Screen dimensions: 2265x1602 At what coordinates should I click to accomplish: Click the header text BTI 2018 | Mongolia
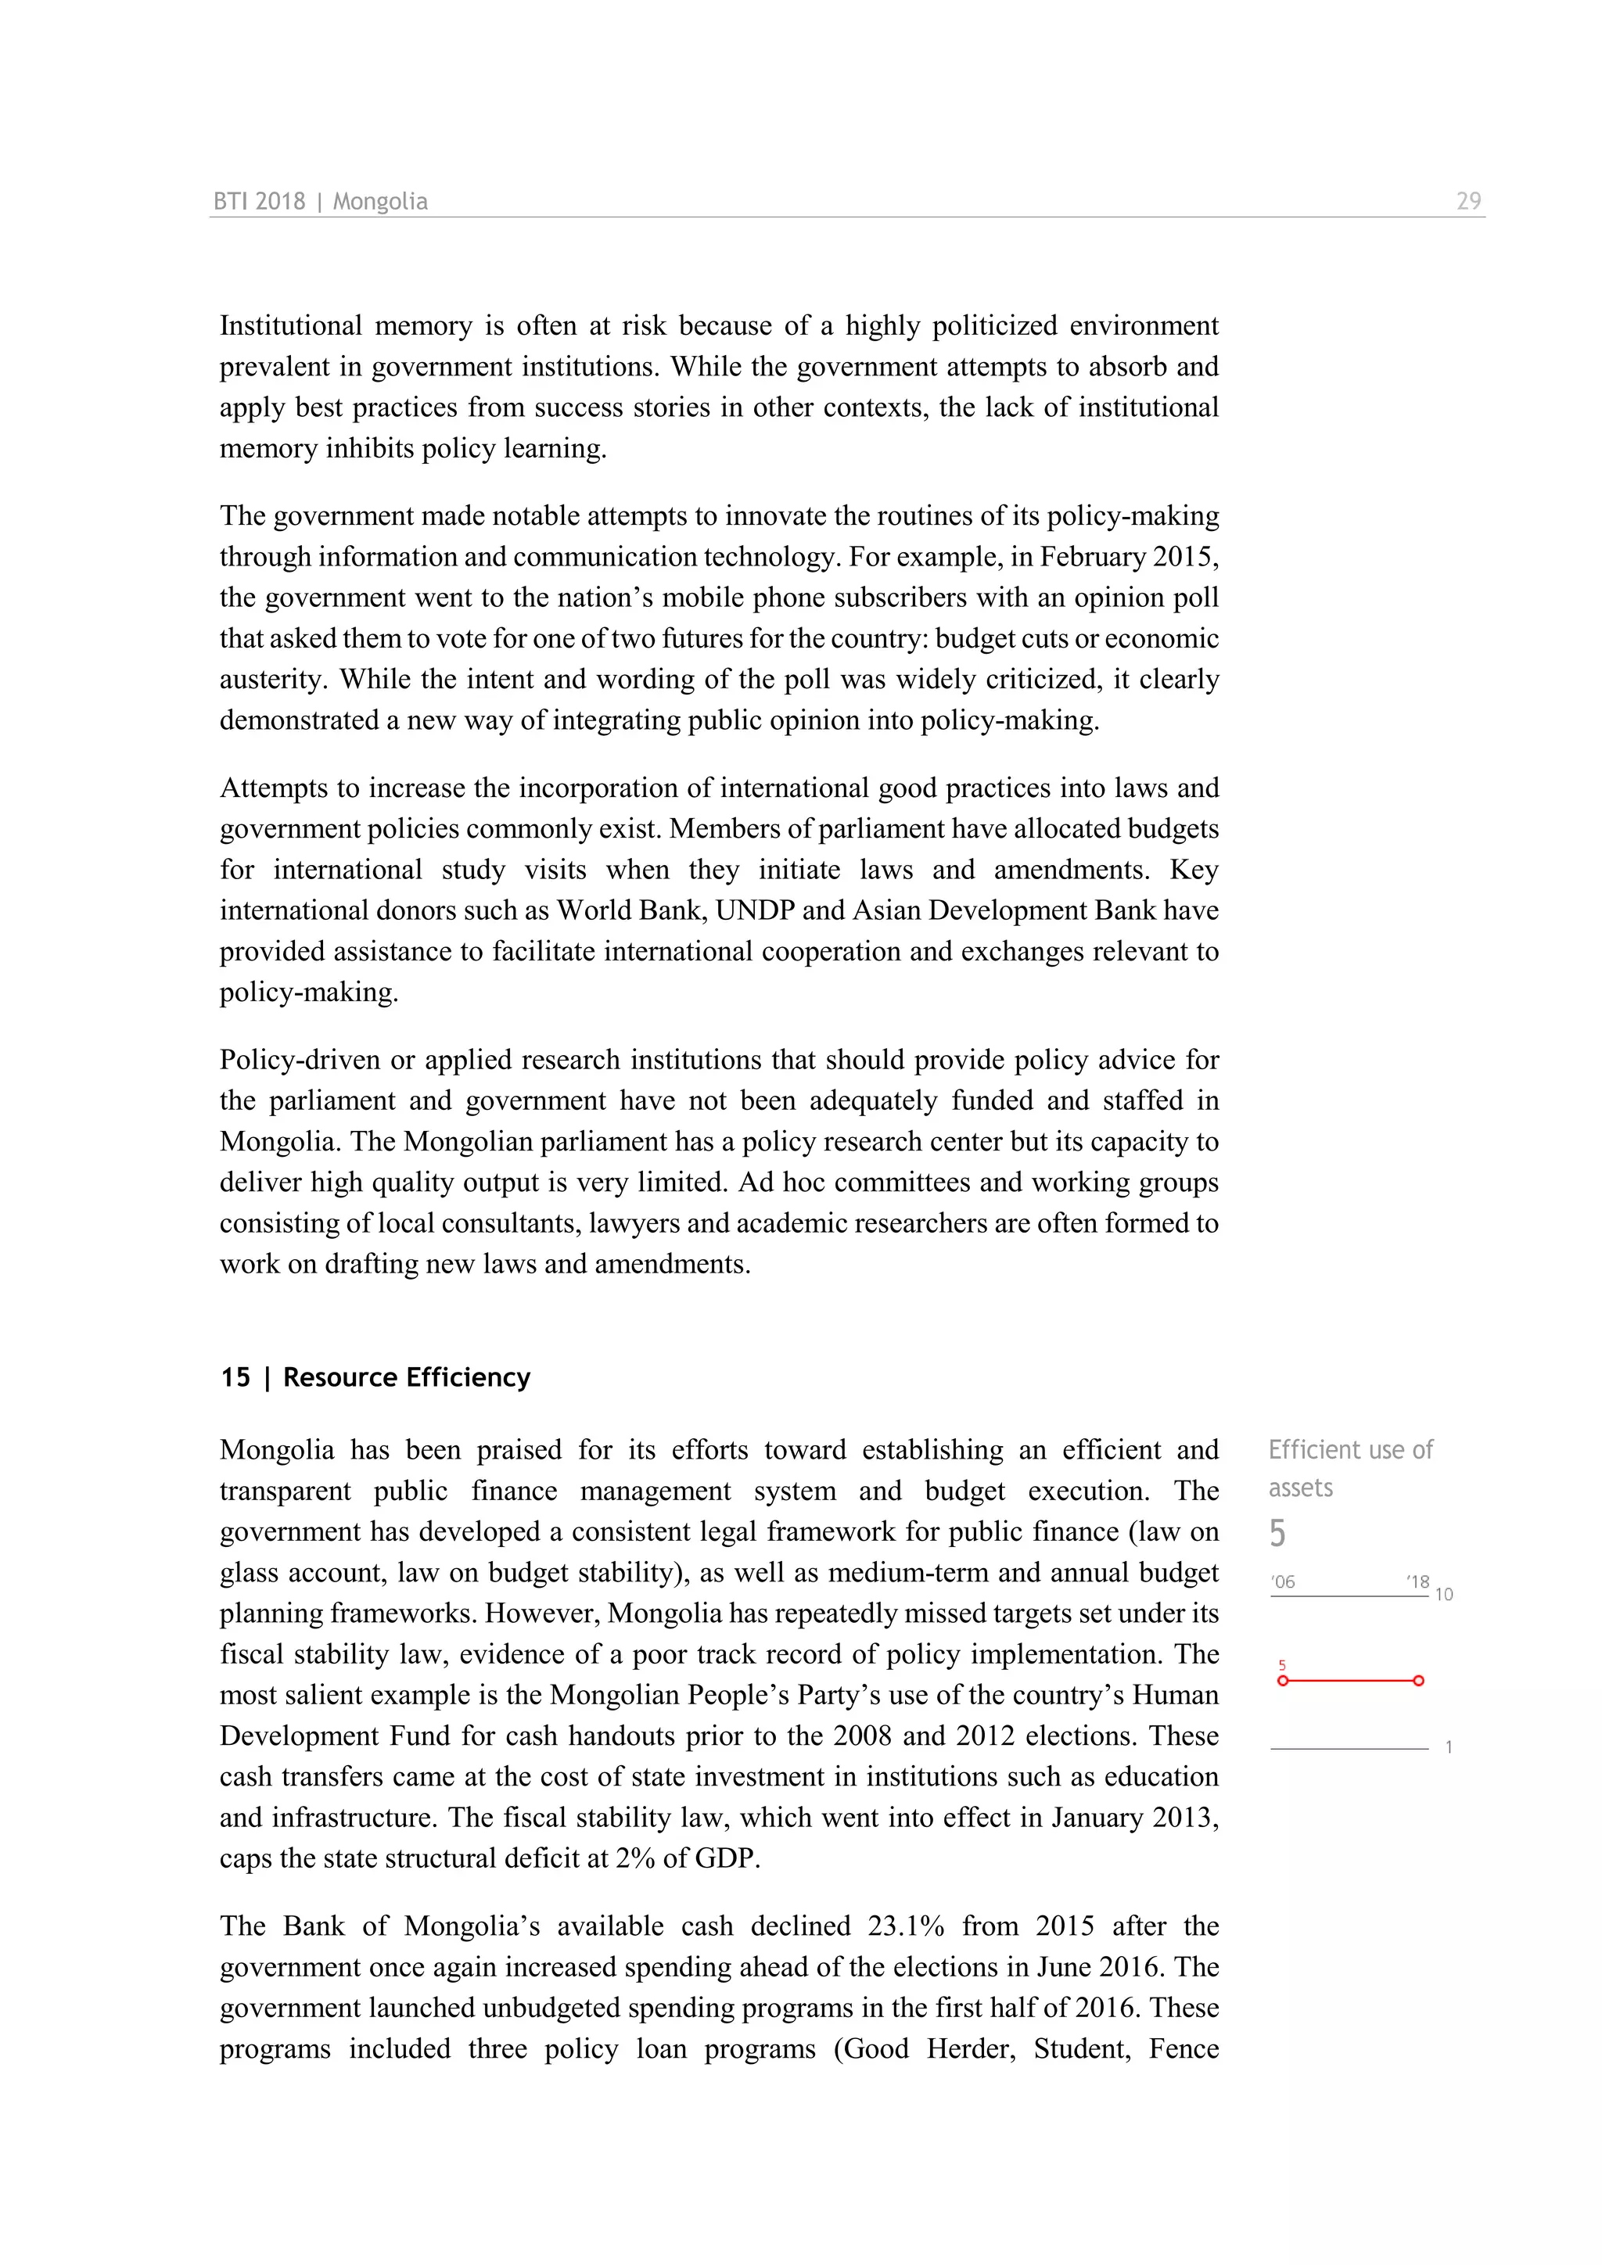point(321,201)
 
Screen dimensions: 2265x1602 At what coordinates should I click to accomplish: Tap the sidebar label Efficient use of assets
point(1349,1468)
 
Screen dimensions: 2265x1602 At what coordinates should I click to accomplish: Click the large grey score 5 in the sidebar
point(1277,1533)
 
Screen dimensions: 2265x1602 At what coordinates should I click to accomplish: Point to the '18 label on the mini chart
point(1417,1582)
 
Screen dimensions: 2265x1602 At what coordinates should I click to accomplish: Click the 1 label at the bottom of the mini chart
point(1448,1747)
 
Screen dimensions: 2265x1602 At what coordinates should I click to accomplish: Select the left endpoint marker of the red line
point(1282,1681)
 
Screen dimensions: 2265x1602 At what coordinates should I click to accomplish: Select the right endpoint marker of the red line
point(1418,1681)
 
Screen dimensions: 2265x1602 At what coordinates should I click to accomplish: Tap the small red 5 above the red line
point(1281,1665)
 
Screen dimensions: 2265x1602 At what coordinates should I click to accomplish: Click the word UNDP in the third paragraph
point(755,910)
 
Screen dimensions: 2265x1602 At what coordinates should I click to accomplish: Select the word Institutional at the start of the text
point(291,325)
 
